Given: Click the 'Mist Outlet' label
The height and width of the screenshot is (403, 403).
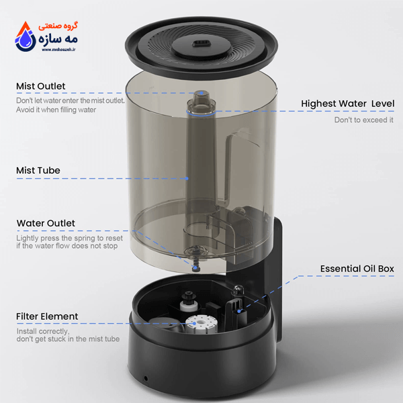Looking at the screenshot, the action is click(40, 86).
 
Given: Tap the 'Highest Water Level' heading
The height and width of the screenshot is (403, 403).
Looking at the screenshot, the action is click(347, 103).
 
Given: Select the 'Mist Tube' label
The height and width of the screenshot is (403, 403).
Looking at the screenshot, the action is click(38, 171).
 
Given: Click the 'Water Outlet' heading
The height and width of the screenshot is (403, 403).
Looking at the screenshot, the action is click(46, 223).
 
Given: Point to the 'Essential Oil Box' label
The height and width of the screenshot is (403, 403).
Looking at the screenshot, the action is click(357, 269).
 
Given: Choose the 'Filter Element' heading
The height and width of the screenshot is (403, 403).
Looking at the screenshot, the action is click(47, 316).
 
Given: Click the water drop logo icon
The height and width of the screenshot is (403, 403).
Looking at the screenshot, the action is click(26, 36).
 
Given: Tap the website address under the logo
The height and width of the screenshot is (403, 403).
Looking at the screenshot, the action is click(58, 50).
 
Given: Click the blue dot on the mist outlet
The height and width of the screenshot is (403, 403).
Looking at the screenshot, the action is click(201, 93).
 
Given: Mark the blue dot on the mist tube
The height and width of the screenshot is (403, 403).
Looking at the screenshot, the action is click(187, 179).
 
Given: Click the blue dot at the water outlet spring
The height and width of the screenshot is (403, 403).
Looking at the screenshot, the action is click(195, 268).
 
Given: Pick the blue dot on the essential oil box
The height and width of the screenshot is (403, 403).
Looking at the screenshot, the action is click(239, 311).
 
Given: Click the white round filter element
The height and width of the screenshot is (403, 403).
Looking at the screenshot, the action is click(201, 324).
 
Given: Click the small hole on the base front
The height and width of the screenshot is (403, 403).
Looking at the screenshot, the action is click(146, 378).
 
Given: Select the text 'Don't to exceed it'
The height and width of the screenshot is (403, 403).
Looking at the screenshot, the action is click(363, 120).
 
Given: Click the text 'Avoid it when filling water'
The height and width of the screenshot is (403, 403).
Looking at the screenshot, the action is click(56, 109).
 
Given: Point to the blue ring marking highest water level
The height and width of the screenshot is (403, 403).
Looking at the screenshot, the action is click(201, 114).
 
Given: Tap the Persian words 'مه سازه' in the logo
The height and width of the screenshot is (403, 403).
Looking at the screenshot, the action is click(58, 39).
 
